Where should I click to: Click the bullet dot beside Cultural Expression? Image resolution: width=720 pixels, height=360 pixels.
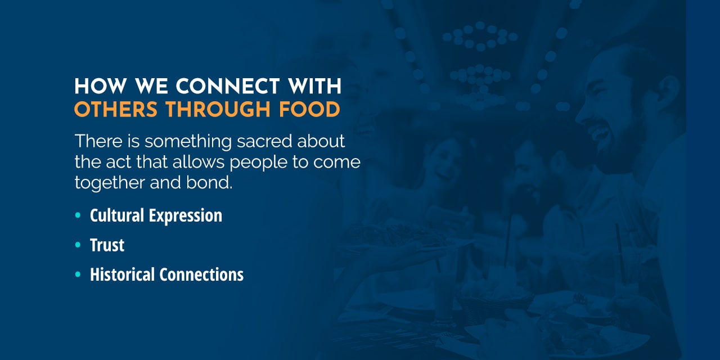pos(78,215)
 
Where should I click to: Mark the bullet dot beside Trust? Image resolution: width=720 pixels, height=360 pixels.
pos(78,245)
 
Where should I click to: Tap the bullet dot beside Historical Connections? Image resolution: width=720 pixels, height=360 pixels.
pos(78,274)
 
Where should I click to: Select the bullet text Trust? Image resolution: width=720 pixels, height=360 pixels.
pos(107,245)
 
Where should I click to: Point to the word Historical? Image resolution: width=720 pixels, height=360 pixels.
pos(123,274)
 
